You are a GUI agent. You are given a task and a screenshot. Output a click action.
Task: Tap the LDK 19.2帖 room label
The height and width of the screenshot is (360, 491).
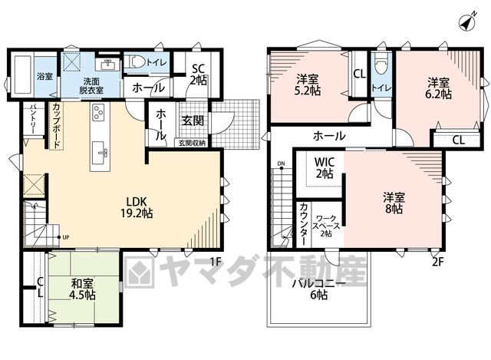[x=137, y=207]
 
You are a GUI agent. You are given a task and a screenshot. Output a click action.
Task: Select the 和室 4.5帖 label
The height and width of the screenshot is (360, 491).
[x=82, y=289]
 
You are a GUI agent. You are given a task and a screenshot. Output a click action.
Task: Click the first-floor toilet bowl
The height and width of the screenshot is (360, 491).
[x=135, y=61]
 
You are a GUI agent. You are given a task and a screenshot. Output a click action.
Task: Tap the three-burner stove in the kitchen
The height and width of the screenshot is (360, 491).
[x=100, y=112]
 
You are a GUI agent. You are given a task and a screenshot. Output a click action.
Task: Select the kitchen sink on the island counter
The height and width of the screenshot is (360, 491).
[x=101, y=151]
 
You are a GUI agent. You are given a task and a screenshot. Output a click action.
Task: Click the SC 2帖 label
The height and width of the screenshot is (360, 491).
[x=199, y=74]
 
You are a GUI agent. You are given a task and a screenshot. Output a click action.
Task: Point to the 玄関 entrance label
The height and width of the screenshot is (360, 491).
[x=193, y=121]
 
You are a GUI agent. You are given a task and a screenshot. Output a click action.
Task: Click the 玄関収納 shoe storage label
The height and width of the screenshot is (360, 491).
[x=192, y=143]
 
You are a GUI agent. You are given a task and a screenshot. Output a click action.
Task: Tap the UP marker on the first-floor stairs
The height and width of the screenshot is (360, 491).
[x=66, y=237]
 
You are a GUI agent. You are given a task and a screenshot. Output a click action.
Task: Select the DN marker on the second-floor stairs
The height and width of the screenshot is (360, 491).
[x=281, y=163]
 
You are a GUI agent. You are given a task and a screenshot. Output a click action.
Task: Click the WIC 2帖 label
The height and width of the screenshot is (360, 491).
[x=325, y=167]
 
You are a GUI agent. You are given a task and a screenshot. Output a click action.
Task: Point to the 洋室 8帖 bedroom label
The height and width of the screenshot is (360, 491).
[x=394, y=203]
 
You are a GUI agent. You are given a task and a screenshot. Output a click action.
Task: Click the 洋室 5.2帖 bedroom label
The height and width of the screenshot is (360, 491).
[x=307, y=84]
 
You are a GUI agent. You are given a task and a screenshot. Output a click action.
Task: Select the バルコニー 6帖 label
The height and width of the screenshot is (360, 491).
[x=319, y=289]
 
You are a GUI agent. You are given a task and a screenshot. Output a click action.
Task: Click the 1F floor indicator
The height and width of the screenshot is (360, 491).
[x=216, y=261]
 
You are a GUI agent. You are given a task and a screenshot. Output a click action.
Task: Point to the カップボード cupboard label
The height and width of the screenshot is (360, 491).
[x=57, y=125]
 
